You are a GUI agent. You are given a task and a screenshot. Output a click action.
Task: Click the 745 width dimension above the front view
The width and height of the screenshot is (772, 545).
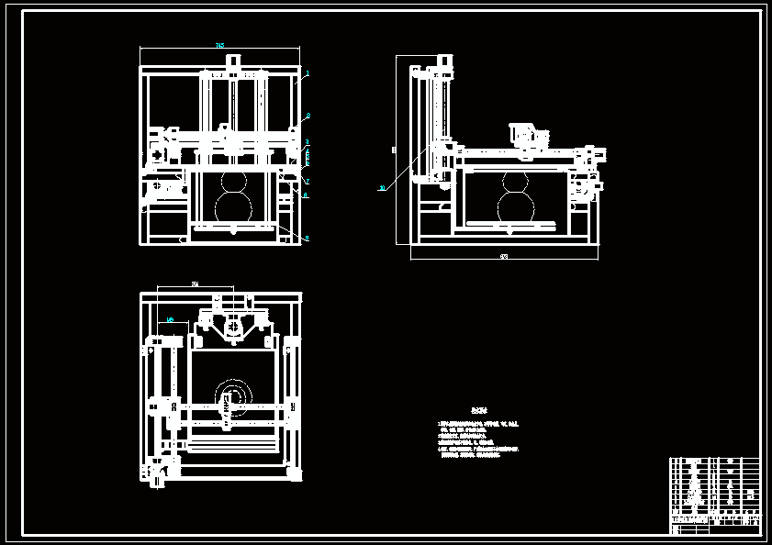click(219, 45)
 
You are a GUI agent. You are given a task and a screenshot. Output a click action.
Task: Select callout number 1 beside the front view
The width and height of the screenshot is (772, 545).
click(308, 73)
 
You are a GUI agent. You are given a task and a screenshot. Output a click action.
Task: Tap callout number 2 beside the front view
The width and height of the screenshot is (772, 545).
click(308, 116)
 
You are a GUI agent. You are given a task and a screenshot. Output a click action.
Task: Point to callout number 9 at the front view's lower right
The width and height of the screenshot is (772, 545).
click(307, 239)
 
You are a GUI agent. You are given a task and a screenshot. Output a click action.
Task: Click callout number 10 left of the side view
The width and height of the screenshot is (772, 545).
click(382, 188)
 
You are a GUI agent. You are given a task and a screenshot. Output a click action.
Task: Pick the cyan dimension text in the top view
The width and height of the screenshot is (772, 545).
click(170, 319)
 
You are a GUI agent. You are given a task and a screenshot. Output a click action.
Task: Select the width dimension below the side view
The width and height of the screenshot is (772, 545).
click(503, 257)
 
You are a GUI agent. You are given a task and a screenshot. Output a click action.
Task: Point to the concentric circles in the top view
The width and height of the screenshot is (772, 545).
click(230, 396)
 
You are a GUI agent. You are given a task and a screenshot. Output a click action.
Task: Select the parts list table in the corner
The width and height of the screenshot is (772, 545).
click(715, 495)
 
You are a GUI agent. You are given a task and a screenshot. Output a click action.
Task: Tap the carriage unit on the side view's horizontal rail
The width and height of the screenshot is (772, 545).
click(528, 137)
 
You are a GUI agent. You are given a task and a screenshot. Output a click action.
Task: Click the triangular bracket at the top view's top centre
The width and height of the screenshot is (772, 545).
click(233, 327)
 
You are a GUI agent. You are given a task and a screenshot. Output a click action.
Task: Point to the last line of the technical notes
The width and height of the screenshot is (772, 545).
click(470, 455)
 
